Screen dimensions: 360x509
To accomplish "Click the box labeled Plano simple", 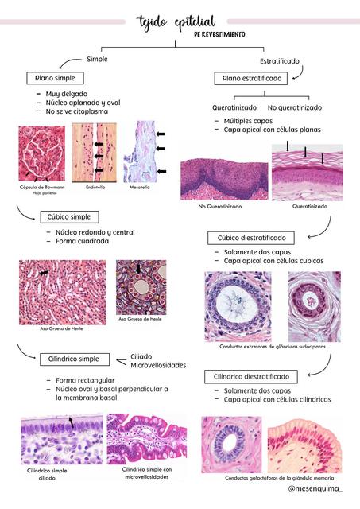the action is (x=55, y=78).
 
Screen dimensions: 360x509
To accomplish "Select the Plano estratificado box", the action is (x=251, y=78).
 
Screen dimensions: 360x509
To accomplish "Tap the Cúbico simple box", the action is (x=69, y=217).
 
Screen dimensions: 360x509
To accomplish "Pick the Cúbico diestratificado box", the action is (x=251, y=238).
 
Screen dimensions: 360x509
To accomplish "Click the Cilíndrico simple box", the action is (x=75, y=359).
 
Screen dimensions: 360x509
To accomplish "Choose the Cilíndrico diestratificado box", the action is (x=251, y=377).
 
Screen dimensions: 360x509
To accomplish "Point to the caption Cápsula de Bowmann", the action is (x=42, y=188).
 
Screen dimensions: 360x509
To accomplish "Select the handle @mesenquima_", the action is (x=315, y=488).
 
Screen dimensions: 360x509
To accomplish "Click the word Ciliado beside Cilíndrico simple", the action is (x=141, y=356).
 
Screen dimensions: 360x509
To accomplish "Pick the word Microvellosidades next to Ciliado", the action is (x=158, y=365).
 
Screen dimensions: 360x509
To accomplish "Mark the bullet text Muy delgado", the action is (x=67, y=94).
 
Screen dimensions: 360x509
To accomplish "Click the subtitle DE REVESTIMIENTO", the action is (x=219, y=34).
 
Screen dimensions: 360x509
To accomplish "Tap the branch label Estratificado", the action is (x=280, y=61).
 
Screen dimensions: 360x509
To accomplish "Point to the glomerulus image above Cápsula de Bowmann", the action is (x=42, y=153).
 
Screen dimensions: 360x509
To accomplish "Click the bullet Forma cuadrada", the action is (x=82, y=241).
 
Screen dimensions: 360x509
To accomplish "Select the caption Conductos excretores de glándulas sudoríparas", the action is (x=273, y=347).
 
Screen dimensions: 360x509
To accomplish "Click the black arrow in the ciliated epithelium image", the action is (x=71, y=422).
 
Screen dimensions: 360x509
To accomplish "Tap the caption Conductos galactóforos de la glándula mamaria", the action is (x=279, y=478).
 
